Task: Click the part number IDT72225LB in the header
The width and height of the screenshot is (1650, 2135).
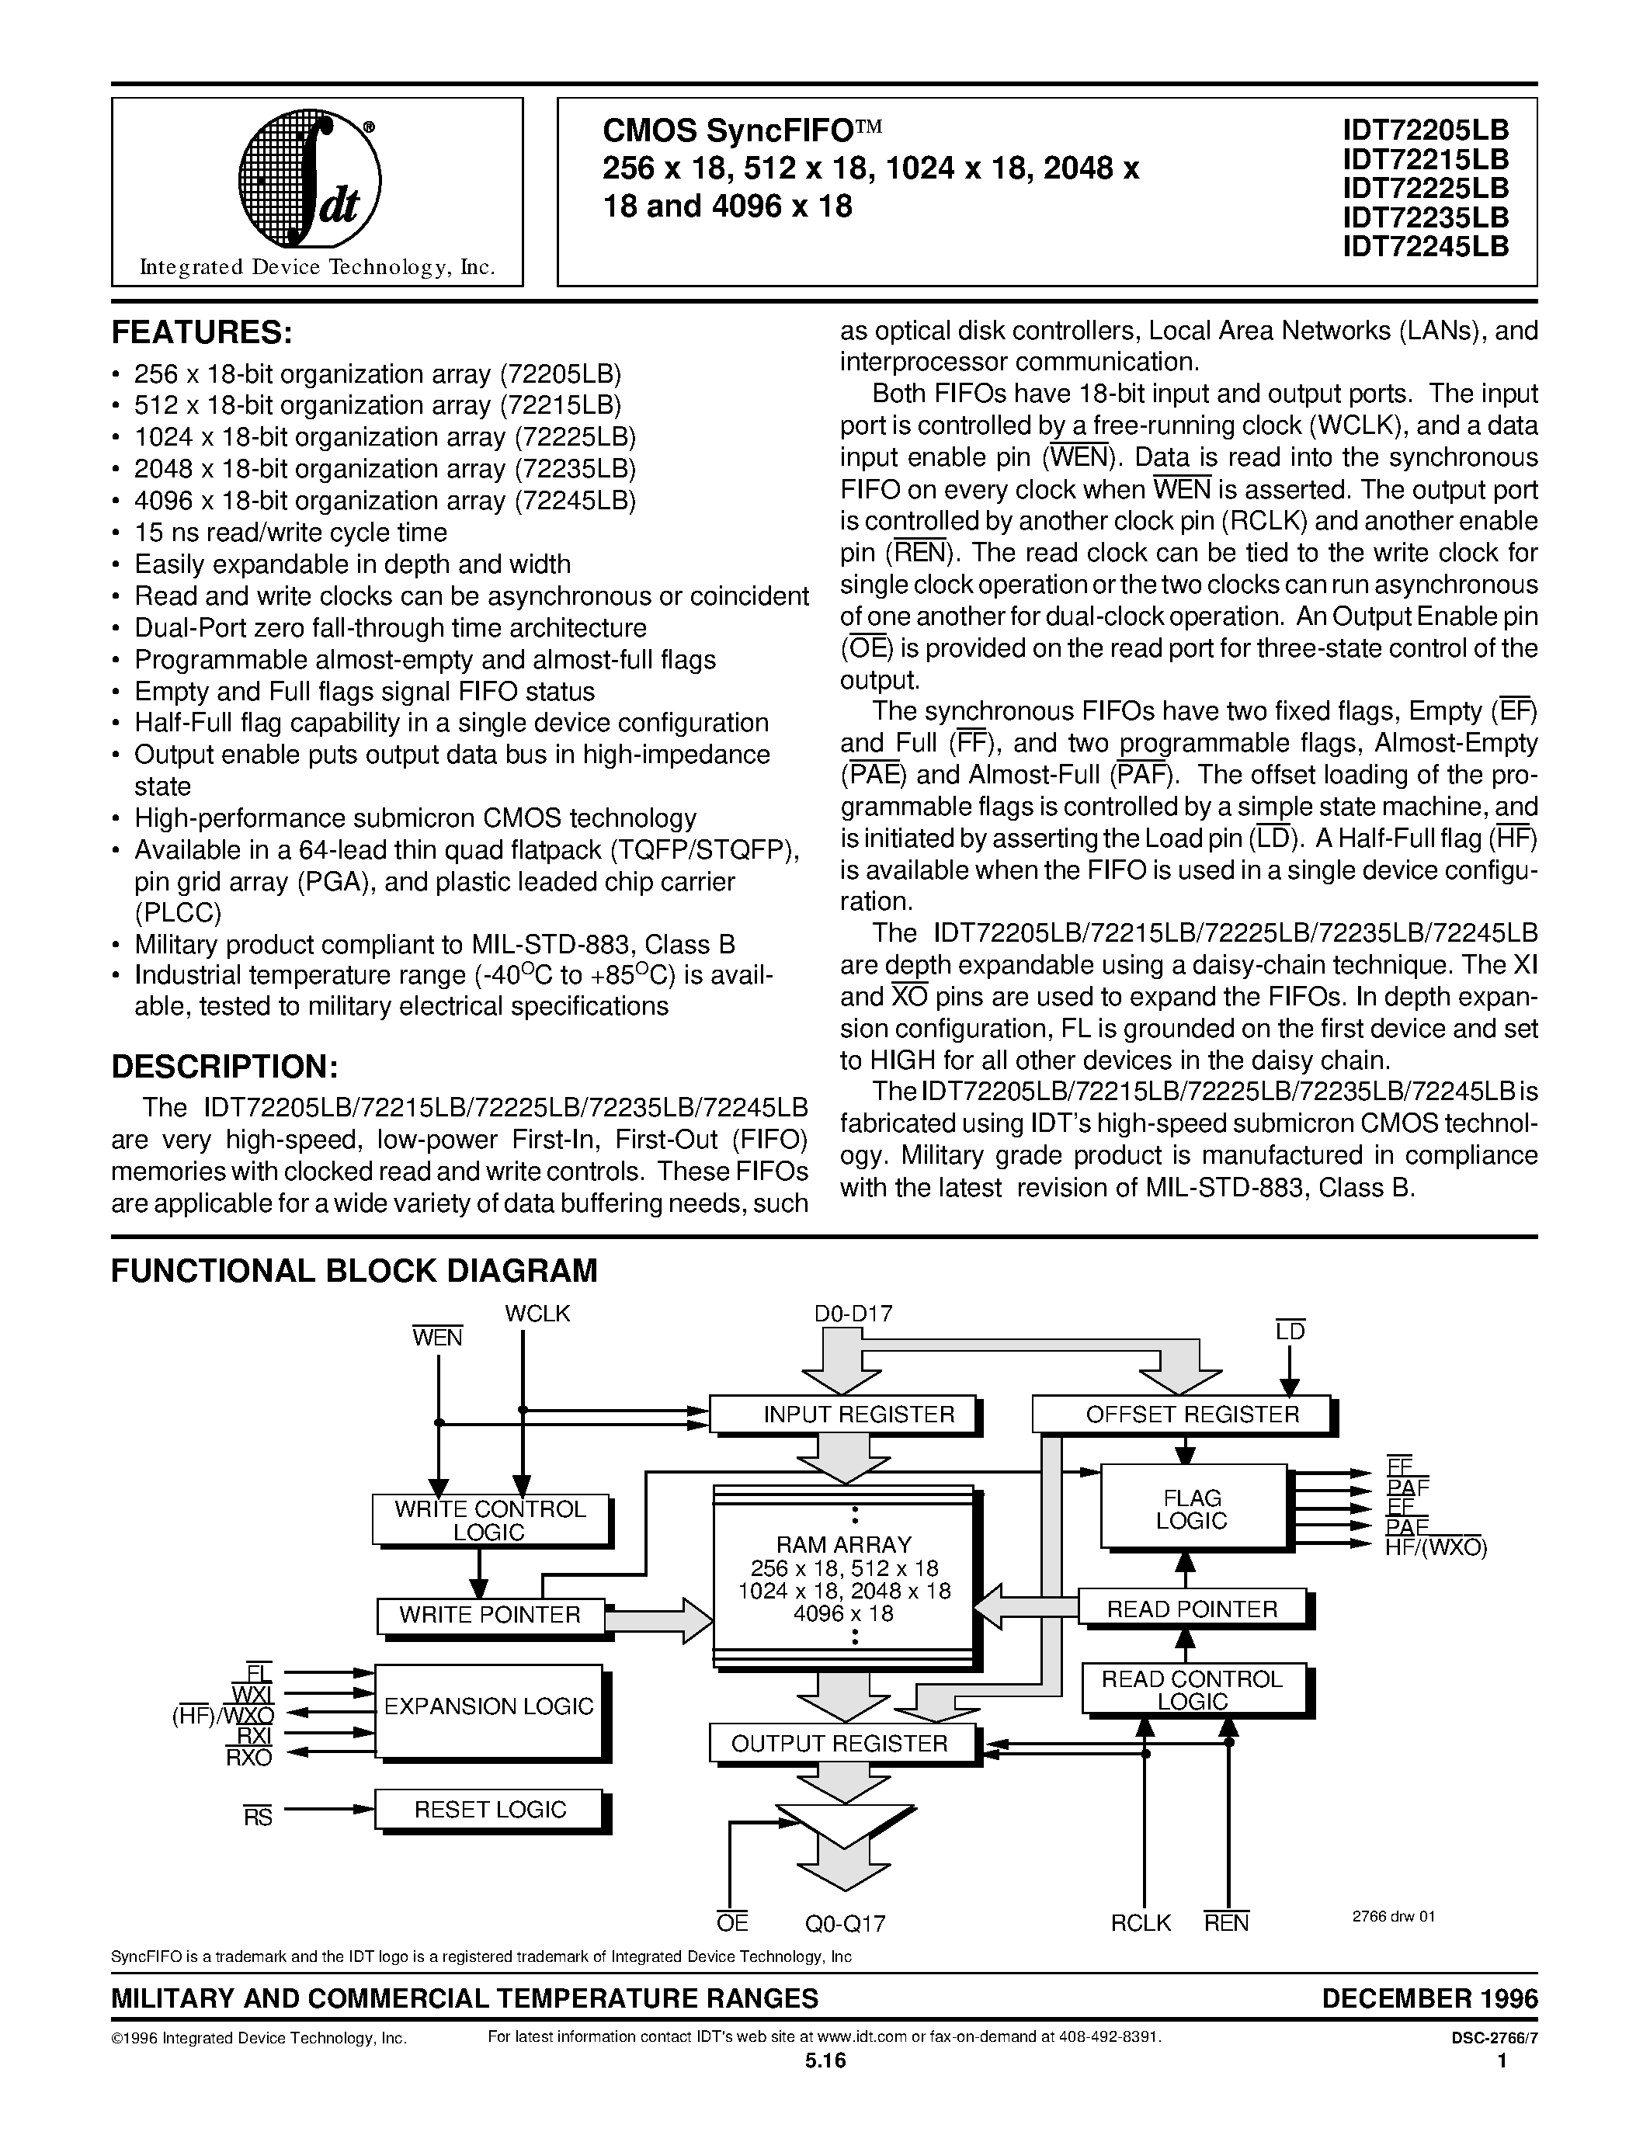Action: point(1425,188)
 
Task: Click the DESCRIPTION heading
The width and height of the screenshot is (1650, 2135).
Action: point(225,1065)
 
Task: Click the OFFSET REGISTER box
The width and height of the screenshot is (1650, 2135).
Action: point(1181,1415)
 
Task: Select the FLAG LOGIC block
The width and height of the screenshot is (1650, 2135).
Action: point(1193,1509)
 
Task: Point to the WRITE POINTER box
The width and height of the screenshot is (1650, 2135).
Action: point(490,1616)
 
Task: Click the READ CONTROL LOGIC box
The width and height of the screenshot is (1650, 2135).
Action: point(1192,1690)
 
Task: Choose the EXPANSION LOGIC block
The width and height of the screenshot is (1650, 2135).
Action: point(488,1706)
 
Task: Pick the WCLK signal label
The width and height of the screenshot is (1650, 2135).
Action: point(537,1314)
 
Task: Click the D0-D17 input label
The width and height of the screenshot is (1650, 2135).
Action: point(853,1314)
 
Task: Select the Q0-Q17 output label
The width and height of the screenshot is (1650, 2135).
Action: point(846,1924)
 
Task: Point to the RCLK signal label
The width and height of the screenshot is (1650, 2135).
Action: point(1140,1923)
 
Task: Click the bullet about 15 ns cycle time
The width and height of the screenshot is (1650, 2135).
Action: point(290,533)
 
